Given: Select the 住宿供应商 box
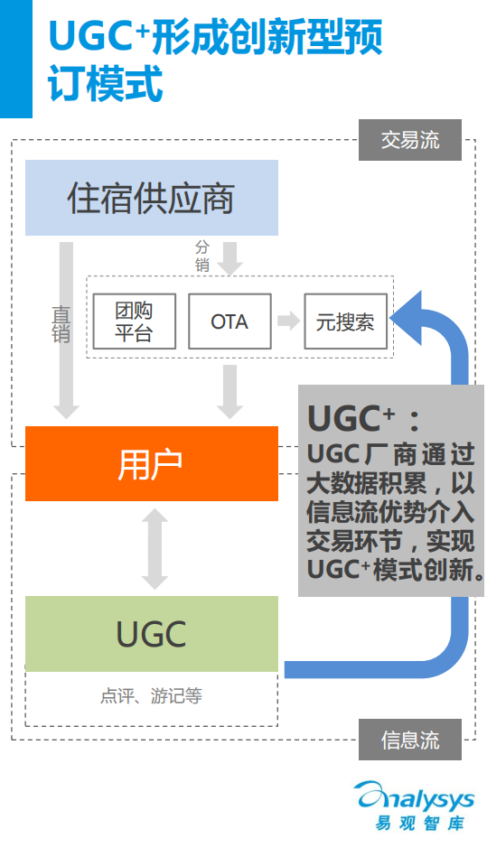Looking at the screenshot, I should click(x=151, y=198).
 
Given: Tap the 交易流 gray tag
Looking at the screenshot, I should click(x=409, y=140).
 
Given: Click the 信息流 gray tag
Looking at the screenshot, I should click(x=409, y=740).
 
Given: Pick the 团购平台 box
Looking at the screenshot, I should click(x=134, y=321).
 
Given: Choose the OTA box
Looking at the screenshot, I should click(x=229, y=321).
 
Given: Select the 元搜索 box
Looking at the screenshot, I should click(x=345, y=321).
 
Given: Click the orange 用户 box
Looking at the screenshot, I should click(x=151, y=463).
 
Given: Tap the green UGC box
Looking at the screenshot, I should click(x=151, y=633).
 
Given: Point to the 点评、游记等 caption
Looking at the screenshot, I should click(x=151, y=696).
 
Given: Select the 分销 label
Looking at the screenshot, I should click(x=201, y=256).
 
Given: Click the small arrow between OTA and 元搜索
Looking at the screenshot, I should click(x=287, y=321).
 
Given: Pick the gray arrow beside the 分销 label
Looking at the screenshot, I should click(x=230, y=257).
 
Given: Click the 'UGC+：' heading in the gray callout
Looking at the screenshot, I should click(x=363, y=418).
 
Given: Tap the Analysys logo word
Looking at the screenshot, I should click(x=416, y=797).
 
